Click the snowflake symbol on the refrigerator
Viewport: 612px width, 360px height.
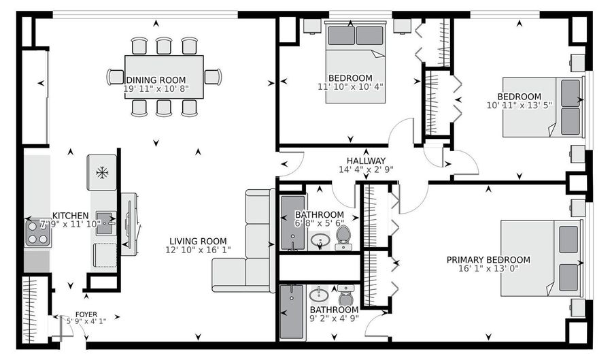pyautogui.click(x=102, y=173)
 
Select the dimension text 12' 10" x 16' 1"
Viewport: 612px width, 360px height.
pyautogui.click(x=198, y=250)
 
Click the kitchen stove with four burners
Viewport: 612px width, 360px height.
pyautogui.click(x=38, y=232)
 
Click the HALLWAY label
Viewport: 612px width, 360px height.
pyautogui.click(x=366, y=161)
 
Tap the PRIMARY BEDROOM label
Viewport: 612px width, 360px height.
pyautogui.click(x=488, y=259)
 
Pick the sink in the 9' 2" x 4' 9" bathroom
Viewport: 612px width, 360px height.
pyautogui.click(x=318, y=296)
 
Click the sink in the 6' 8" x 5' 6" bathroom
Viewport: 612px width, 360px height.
pyautogui.click(x=320, y=240)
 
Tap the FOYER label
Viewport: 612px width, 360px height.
pyautogui.click(x=86, y=314)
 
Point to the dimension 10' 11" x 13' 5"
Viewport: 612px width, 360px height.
pyautogui.click(x=519, y=105)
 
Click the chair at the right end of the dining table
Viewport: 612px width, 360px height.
pyautogui.click(x=212, y=77)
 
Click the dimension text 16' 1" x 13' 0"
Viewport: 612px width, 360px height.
pyautogui.click(x=488, y=269)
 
